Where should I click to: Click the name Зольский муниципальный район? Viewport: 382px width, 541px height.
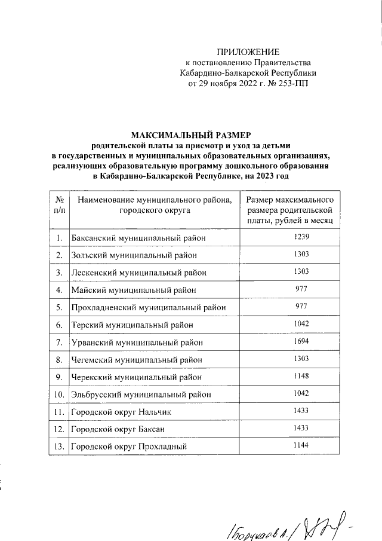[x=134, y=255]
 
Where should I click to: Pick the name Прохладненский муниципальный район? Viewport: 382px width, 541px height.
[x=148, y=307]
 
